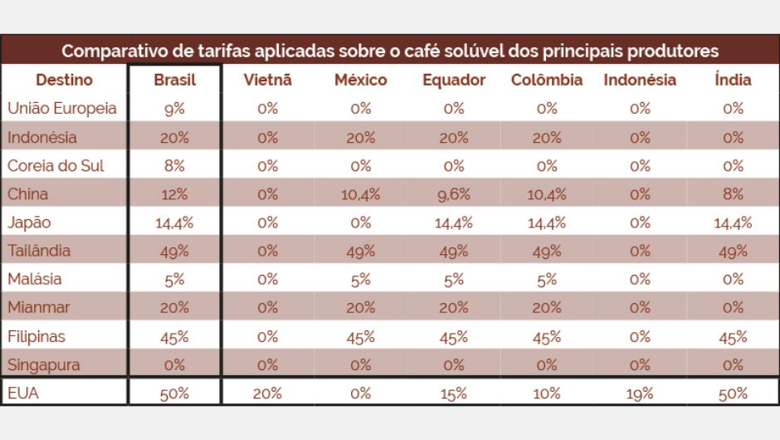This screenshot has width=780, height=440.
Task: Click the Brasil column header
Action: coord(175,81)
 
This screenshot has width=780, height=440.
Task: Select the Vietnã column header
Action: coord(267,81)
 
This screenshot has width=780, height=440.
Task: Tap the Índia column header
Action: coord(733,81)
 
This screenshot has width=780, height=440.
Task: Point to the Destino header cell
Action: coord(64,81)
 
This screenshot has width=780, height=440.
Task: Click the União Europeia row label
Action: coord(62,109)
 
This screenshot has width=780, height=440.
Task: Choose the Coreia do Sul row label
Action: coord(56,165)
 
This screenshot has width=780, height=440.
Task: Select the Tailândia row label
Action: coord(39,251)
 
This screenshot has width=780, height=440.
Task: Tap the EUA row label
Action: coord(23,394)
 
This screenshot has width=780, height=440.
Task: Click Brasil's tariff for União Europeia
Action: coord(175,109)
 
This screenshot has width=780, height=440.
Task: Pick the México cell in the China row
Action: coord(361,194)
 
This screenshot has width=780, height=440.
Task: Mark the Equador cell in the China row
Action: coord(454,194)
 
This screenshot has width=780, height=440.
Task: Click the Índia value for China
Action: coord(733,194)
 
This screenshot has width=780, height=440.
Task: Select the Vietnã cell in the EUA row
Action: coord(267,394)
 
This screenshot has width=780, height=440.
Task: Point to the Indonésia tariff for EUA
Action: coord(640,394)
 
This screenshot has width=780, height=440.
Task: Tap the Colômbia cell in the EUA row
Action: coord(547,394)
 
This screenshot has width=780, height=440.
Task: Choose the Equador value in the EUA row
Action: coord(454,394)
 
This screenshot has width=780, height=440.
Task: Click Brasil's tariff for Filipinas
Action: coord(175,337)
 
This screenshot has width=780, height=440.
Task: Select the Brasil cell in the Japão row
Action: coord(175,222)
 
